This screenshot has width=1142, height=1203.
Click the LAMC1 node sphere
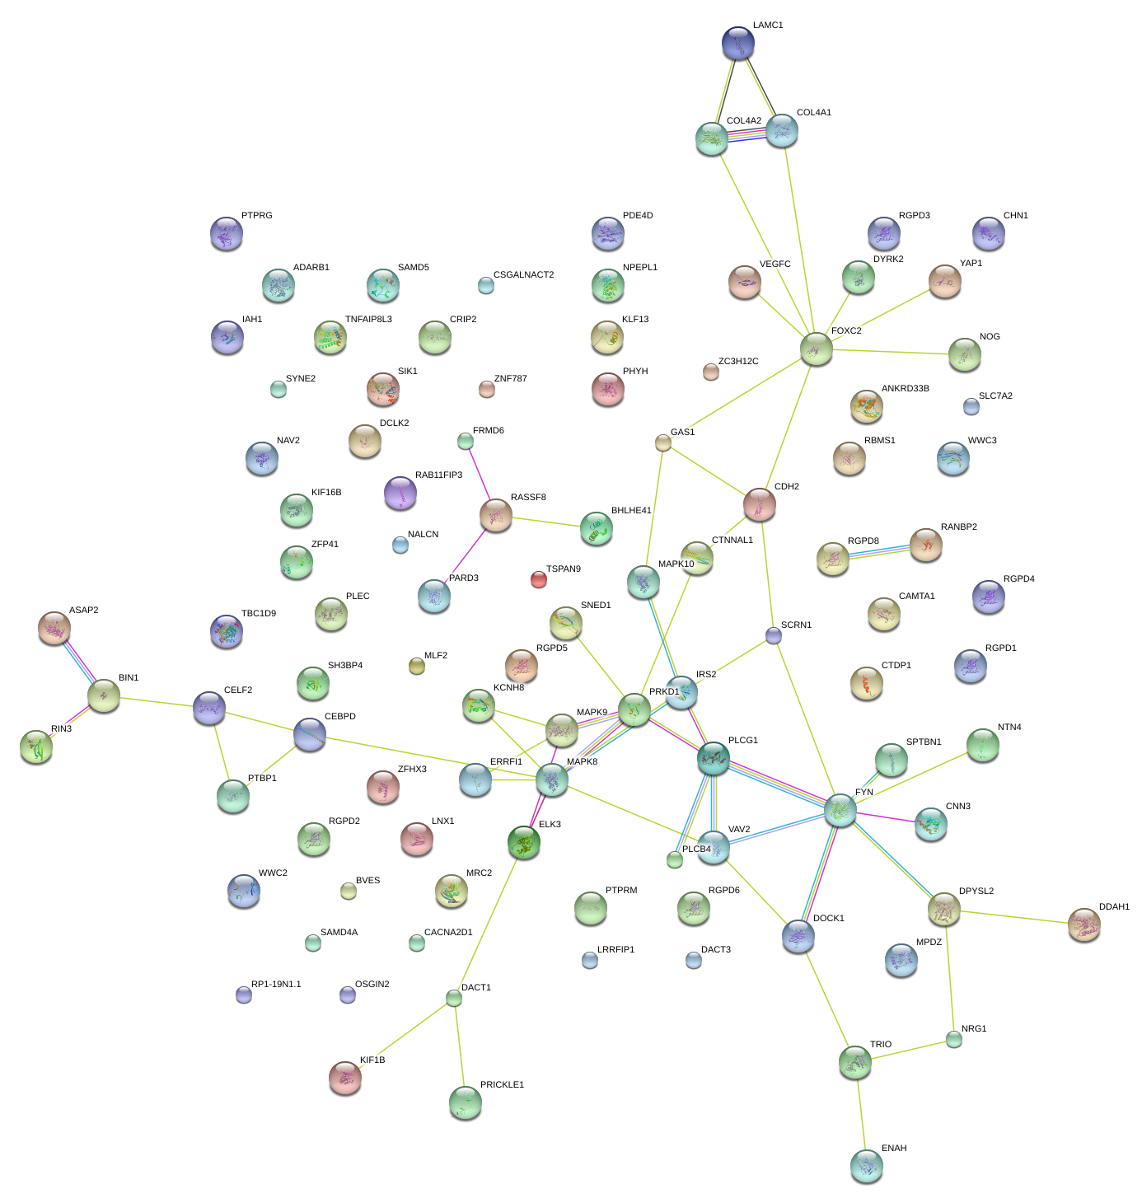pos(737,44)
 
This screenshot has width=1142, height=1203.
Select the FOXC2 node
pos(816,349)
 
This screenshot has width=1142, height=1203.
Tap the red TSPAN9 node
pos(539,579)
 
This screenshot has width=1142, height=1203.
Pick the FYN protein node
pos(840,810)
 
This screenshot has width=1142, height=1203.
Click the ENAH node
pos(866,1165)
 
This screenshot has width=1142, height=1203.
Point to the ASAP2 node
pos(54,628)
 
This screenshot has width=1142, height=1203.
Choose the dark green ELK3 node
pos(524,842)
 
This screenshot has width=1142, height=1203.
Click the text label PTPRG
pos(257,216)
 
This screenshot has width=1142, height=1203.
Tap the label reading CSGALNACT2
pos(523,275)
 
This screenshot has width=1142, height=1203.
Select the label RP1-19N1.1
pos(276,985)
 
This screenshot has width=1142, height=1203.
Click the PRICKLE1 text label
pos(502,1085)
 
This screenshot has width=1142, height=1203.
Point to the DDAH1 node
pos(1083,925)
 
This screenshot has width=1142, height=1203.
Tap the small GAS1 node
pos(663,443)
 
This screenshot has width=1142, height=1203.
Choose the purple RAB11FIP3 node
pos(400,493)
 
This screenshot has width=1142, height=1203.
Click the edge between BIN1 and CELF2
pos(157,702)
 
